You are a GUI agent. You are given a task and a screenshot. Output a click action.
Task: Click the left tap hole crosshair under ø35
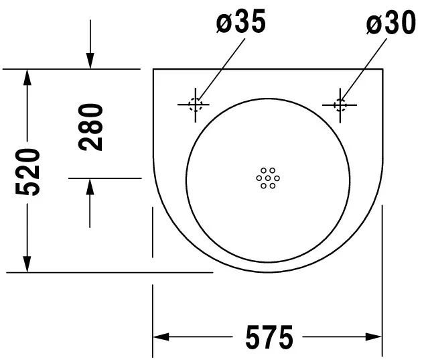click(195, 104)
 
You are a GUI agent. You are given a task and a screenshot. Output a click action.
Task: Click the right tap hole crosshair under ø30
click(340, 104)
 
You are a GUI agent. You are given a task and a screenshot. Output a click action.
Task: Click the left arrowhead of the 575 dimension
click(161, 337)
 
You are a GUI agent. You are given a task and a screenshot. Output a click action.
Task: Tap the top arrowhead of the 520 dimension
click(27, 76)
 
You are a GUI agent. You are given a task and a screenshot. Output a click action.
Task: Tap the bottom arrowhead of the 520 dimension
click(27, 265)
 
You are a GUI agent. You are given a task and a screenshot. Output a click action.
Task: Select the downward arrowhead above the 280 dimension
click(90, 62)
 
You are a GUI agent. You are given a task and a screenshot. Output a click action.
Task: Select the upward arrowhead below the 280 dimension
click(90, 186)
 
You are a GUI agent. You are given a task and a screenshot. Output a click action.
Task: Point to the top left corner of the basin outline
click(153, 69)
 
